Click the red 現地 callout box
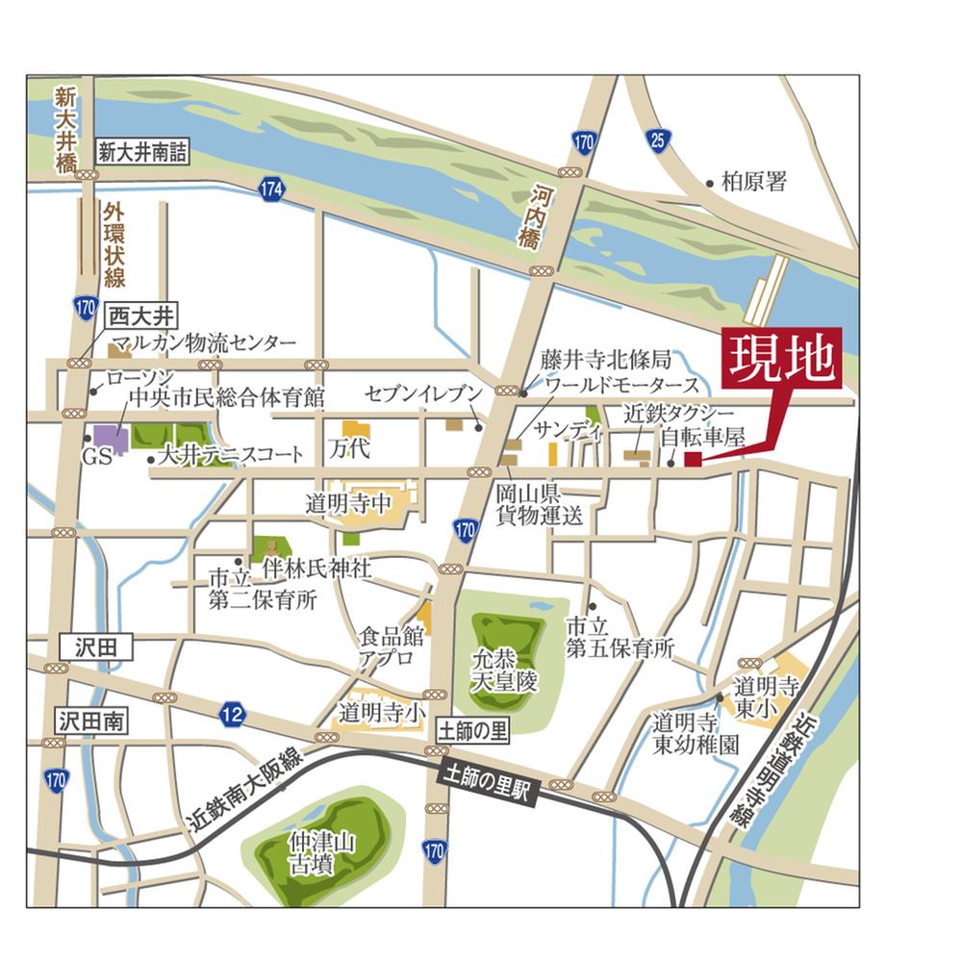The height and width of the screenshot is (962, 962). coord(781,359)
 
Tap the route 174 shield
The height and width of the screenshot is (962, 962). coord(272,190)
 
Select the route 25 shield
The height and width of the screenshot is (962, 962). coord(657,141)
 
